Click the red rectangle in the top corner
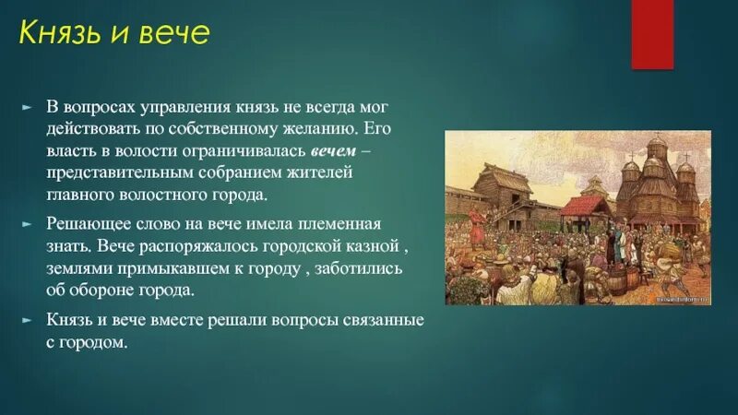(x=652, y=34)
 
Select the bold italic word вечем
(x=333, y=151)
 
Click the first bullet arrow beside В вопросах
(x=28, y=108)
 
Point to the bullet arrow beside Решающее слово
(x=28, y=224)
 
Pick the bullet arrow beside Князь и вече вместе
(x=28, y=320)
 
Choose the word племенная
(x=339, y=223)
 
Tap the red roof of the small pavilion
(x=584, y=206)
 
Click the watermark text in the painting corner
(x=682, y=298)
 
